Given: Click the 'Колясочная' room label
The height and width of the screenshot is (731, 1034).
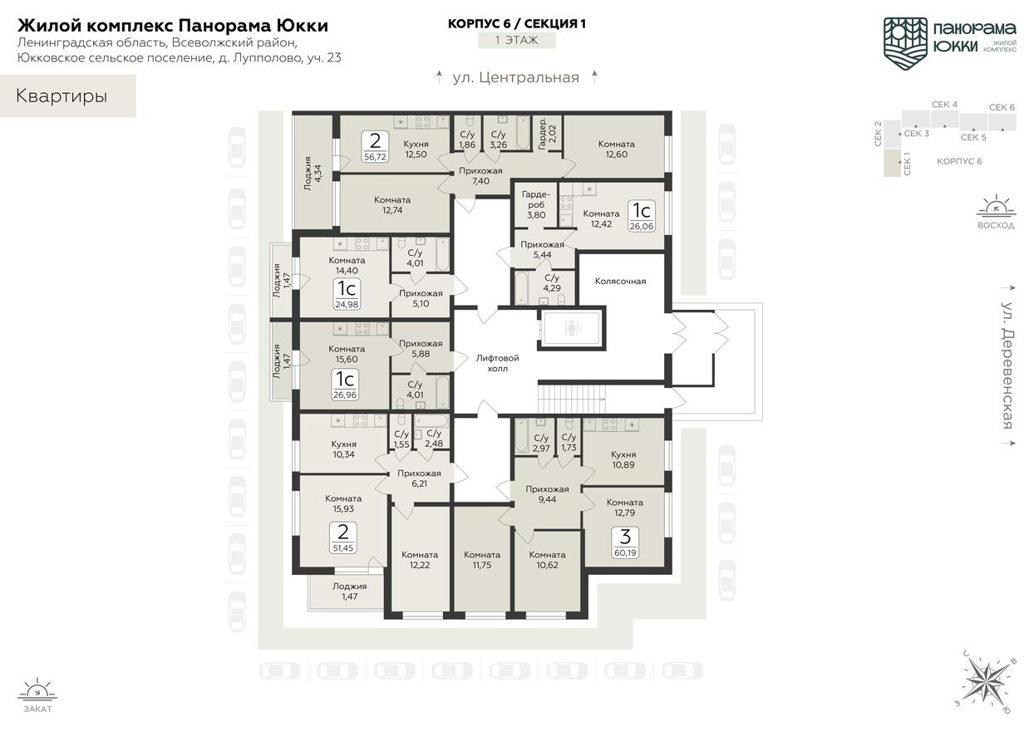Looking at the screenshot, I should pos(620,281).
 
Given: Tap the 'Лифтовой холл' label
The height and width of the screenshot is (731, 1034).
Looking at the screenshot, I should pos(497,362).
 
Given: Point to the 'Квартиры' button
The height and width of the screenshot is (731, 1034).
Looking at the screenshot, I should pos(62,96).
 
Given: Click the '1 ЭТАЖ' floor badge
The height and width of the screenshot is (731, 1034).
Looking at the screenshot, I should pos(516,40).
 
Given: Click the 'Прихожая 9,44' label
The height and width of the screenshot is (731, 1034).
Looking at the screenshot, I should pos(547,494).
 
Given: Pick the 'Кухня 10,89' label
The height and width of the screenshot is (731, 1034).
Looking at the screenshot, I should pos(623,459).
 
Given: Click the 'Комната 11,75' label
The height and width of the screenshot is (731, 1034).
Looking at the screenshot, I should pos(481,560).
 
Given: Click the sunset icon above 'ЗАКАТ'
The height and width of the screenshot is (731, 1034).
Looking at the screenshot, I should pos(37,690).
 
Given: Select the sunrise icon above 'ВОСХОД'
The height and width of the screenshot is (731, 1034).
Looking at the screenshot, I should pos(995,207).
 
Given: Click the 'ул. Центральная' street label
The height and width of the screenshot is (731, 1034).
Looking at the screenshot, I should pos(515,78).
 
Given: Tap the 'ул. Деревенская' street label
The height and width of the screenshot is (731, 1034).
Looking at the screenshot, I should pos(1007,365).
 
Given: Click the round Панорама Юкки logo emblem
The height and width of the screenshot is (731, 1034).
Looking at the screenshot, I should pos(905,41).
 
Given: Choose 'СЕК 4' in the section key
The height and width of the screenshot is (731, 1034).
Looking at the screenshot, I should pos(944,105).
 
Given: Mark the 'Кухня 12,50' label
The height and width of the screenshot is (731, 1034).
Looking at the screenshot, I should pos(416,149).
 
